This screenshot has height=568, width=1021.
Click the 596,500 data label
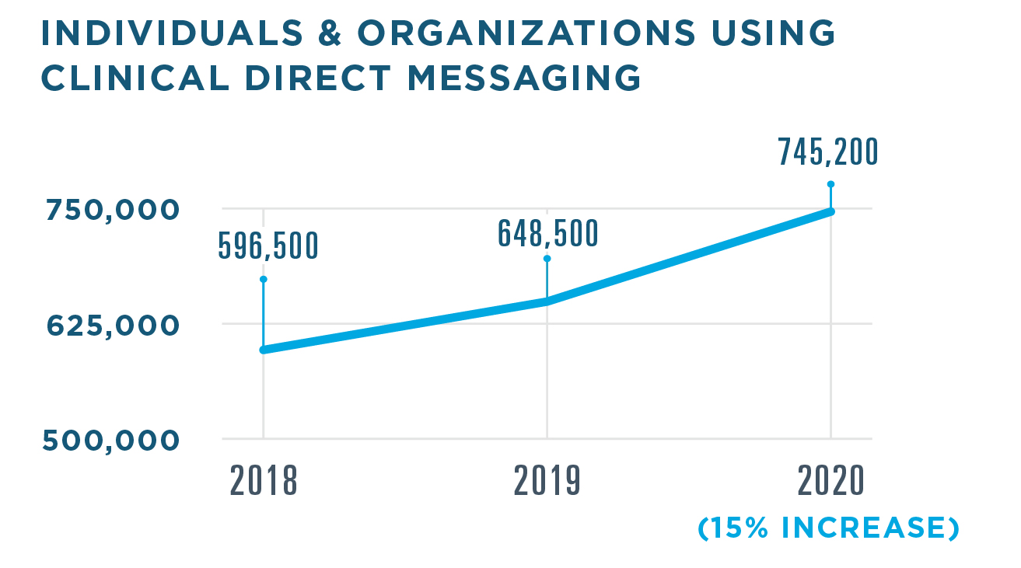[x=267, y=246]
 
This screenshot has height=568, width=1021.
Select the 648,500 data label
[x=547, y=233]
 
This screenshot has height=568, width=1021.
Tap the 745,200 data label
[x=828, y=153]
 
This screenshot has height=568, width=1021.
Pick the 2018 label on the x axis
[x=264, y=482]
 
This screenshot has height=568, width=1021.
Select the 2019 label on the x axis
[x=547, y=482]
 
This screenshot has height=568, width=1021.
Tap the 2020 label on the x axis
[x=830, y=482]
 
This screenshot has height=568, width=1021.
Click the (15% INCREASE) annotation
[x=828, y=528]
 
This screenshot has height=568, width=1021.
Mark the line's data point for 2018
[x=264, y=350]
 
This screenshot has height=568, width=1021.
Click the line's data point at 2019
[x=547, y=301]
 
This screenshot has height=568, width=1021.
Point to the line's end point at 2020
[x=830, y=211]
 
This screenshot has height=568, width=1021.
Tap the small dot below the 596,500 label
[x=264, y=279]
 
